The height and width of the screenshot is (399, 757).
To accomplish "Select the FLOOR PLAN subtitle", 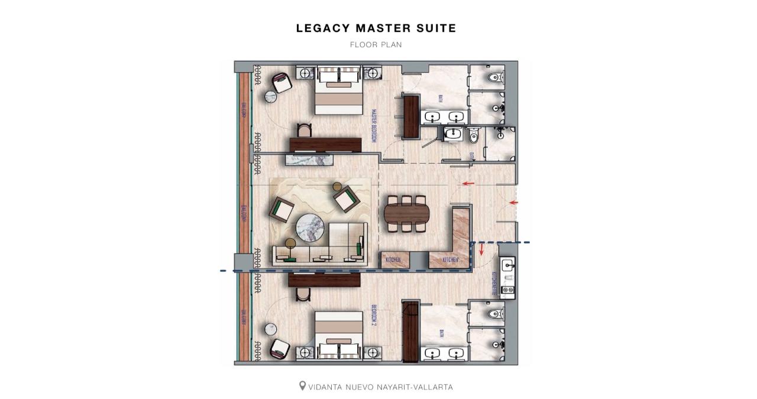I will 376,44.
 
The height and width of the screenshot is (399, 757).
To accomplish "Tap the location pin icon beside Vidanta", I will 302,386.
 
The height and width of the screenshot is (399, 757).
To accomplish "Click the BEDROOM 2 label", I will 374,316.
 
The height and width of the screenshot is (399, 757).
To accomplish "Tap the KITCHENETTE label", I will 494,283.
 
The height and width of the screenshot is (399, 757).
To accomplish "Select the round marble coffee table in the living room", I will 310,226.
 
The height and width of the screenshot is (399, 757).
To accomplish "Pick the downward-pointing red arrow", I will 481,250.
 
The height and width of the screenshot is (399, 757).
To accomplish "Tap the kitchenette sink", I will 508,265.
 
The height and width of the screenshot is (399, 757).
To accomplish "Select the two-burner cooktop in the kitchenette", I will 507,290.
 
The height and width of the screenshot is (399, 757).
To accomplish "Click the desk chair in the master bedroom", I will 304,130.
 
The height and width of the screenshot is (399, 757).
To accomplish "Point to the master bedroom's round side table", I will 270,97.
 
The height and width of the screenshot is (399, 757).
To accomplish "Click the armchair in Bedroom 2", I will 282,347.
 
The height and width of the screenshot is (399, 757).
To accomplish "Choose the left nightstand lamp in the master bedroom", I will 305,74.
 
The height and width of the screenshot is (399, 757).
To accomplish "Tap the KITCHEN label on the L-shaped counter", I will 451,259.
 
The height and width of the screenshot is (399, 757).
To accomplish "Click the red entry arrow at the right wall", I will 513,203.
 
